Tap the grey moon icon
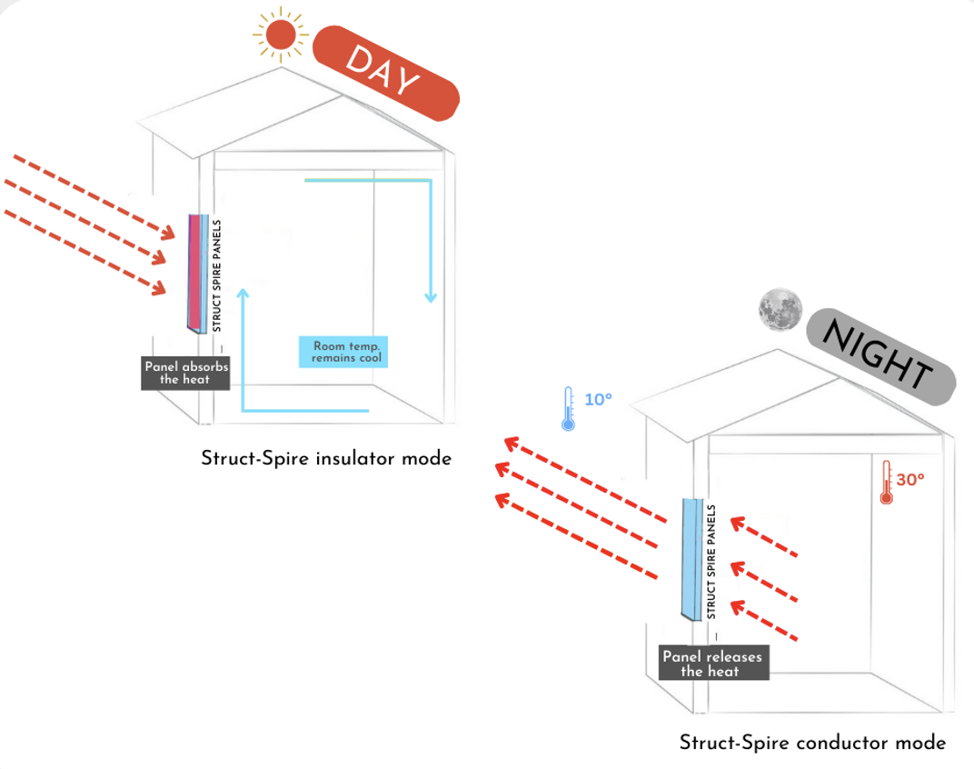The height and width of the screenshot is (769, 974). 780,309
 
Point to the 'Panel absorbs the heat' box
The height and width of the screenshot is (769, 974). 185,373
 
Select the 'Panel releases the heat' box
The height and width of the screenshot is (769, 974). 712,664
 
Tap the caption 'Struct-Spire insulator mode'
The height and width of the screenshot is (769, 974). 326,459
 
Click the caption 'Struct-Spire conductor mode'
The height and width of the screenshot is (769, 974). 812,743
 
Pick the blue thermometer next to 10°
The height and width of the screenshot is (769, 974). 569,408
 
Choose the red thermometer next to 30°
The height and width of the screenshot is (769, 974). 886,482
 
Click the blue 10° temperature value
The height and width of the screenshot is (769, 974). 598,399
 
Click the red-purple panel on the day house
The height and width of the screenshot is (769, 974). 196,272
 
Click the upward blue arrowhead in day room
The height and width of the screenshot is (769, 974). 243,294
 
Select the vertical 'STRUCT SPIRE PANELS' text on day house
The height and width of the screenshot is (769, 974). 216,275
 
